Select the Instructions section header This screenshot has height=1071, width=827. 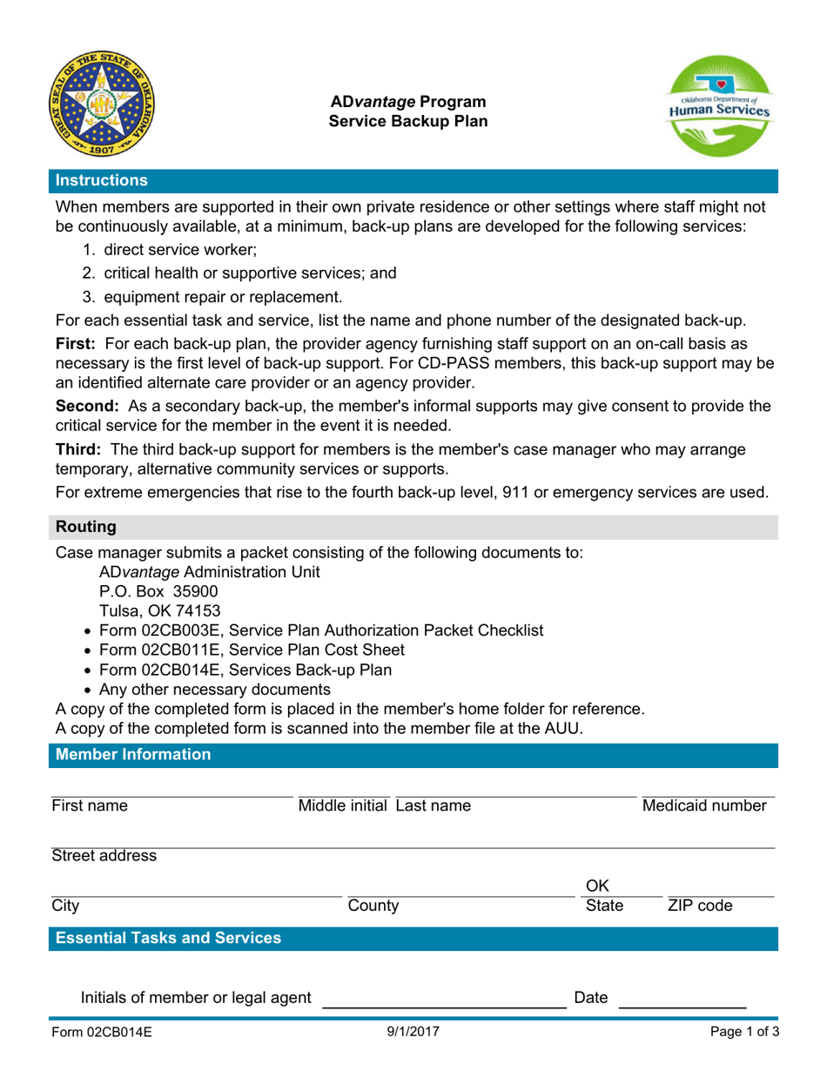coord(101,181)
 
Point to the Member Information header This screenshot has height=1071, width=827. coord(132,755)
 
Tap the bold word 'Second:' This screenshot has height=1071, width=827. coord(88,406)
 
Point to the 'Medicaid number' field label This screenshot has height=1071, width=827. coord(703,805)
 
